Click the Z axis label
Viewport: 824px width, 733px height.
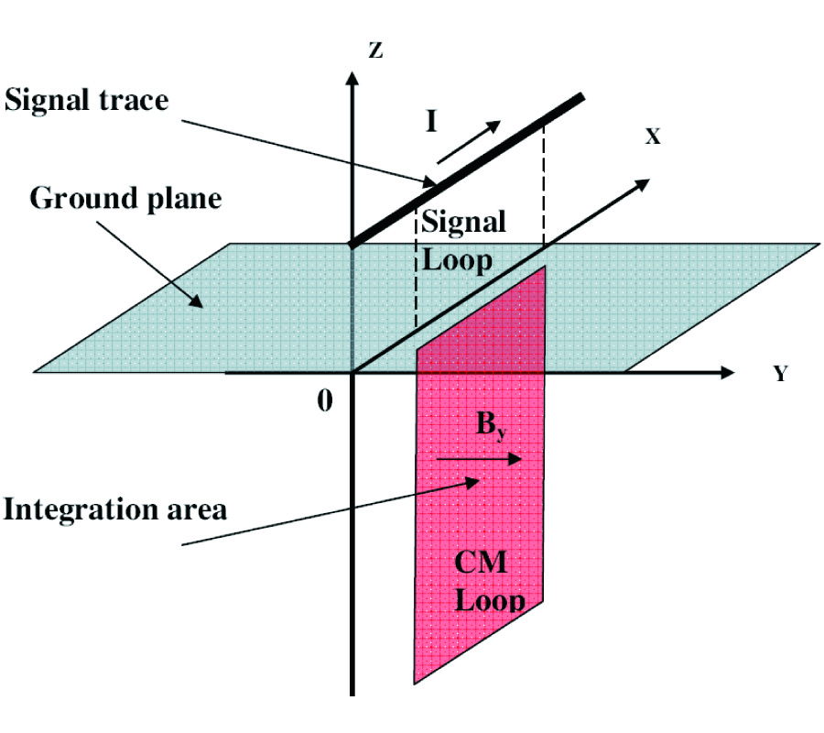[374, 50]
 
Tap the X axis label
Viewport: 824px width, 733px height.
[652, 137]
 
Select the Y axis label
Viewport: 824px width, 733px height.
[780, 375]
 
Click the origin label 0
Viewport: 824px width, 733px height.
[325, 399]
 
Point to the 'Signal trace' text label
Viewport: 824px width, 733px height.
[87, 100]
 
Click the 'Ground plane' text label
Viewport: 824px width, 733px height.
[125, 198]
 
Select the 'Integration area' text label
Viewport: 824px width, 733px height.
[114, 509]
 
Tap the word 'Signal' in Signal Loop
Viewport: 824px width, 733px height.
[462, 223]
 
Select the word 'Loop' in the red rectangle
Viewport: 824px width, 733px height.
[491, 600]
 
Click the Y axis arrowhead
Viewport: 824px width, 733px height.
[727, 373]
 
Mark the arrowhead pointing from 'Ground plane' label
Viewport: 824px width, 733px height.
[200, 300]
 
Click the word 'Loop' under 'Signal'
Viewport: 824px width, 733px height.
[456, 260]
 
